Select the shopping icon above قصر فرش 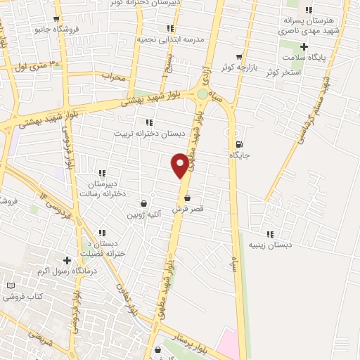tap(187, 198)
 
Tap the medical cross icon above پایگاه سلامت tap(304, 46)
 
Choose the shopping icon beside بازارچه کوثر tap(240, 57)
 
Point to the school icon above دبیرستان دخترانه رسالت tap(102, 173)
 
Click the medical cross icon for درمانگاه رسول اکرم tap(67, 260)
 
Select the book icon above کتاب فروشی tap(11, 286)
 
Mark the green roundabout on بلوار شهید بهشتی tap(202, 94)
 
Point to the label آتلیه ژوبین tap(144, 214)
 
